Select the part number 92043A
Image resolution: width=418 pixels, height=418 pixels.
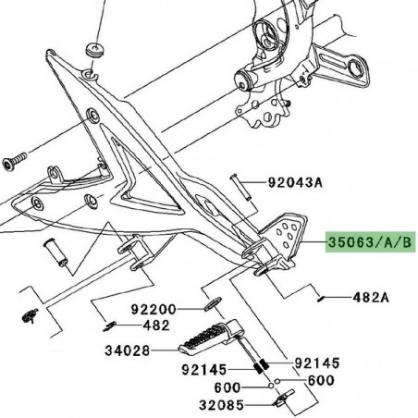click(x=297, y=183)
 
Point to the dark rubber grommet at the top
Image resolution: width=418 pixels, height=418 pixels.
click(x=93, y=47)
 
